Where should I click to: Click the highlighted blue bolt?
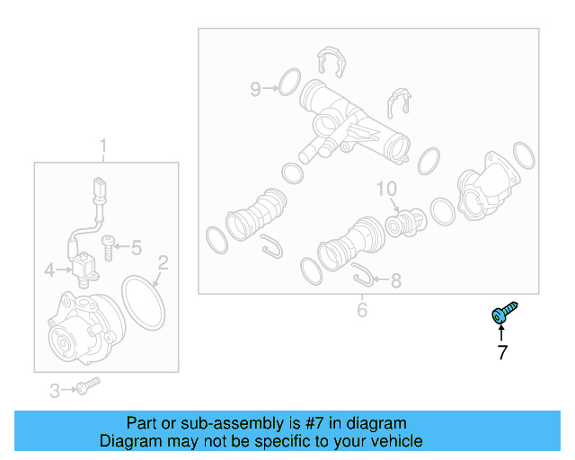click(501, 313)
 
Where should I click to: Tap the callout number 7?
click(502, 353)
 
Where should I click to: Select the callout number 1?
click(102, 146)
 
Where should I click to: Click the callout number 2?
click(163, 263)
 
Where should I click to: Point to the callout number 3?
click(54, 390)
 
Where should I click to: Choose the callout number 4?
click(50, 268)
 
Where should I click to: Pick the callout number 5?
click(137, 247)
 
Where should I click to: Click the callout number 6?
click(362, 311)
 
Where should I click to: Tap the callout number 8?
click(395, 281)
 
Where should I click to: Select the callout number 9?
click(255, 89)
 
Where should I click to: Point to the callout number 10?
click(386, 189)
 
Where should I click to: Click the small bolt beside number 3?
click(87, 386)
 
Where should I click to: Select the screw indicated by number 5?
click(109, 245)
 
